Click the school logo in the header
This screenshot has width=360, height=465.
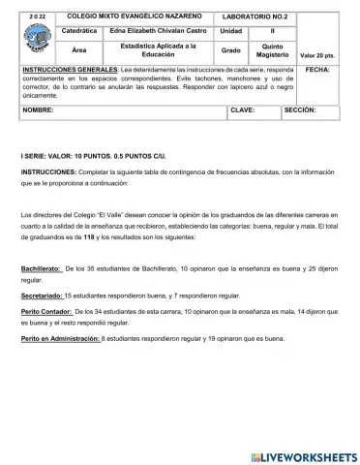38,44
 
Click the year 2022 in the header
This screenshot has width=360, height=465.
38,16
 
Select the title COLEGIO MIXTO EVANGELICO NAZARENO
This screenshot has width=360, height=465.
136,16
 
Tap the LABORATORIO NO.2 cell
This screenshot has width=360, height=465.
260,16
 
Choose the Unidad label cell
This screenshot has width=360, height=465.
231,31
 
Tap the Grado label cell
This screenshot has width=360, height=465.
231,48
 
